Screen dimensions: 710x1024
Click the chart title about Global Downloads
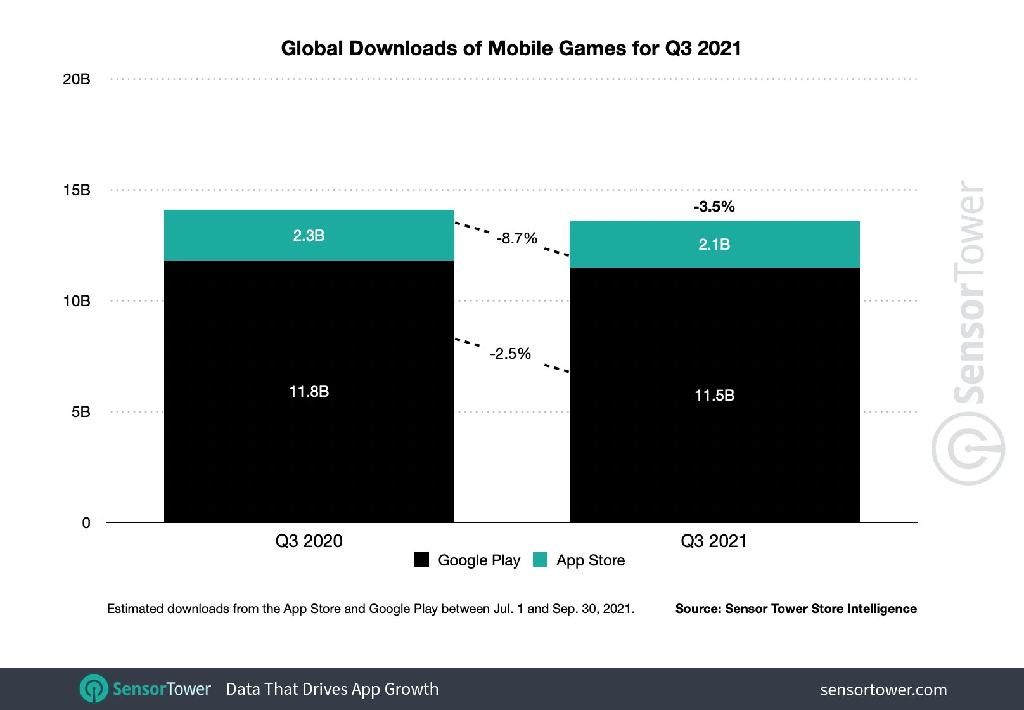(511, 48)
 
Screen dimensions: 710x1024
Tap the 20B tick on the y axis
(77, 79)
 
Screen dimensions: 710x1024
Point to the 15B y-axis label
(77, 190)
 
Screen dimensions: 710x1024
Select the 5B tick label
(80, 412)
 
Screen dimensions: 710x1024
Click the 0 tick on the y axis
(86, 523)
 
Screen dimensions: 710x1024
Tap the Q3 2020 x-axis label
(309, 541)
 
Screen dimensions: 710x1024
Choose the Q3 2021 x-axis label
(714, 541)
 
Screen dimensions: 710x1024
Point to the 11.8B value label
(309, 392)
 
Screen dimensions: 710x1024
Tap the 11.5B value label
(714, 396)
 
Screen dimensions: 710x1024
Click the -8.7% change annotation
(516, 238)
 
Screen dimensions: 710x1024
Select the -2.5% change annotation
(510, 354)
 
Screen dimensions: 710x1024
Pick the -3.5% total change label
(714, 207)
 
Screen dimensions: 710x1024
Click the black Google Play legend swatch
(421, 560)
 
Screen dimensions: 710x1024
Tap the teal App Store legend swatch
(540, 560)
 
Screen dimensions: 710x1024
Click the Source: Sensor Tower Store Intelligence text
(795, 609)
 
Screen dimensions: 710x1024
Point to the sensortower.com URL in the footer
(883, 690)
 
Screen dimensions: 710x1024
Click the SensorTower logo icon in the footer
(94, 688)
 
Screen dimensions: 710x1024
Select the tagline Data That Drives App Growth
(332, 689)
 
